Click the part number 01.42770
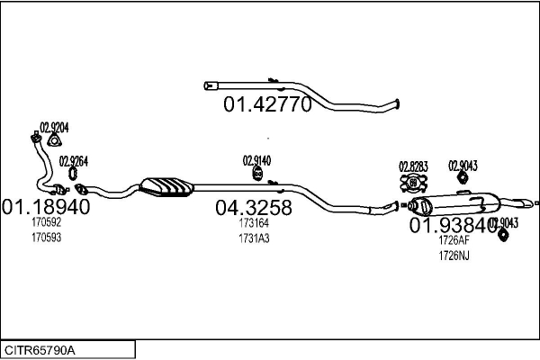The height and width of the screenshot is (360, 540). pyautogui.click(x=267, y=105)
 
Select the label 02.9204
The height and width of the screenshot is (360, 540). pyautogui.click(x=53, y=127)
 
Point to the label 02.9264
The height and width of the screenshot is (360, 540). pyautogui.click(x=73, y=162)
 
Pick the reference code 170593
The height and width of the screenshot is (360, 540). pyautogui.click(x=46, y=238)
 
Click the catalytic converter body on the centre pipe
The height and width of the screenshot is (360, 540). pyautogui.click(x=167, y=185)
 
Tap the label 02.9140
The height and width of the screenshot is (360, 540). pyautogui.click(x=256, y=160)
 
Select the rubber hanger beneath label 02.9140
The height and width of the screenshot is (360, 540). pyautogui.click(x=256, y=173)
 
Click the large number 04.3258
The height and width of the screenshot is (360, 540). pyautogui.click(x=254, y=208)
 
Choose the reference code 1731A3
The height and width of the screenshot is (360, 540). pyautogui.click(x=254, y=238)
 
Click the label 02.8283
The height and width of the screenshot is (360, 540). pyautogui.click(x=413, y=166)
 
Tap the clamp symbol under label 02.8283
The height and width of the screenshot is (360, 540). pyautogui.click(x=413, y=184)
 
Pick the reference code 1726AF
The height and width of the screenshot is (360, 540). pyautogui.click(x=454, y=241)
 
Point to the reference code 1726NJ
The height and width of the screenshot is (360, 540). pyautogui.click(x=454, y=256)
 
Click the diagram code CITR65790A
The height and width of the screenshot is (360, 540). pyautogui.click(x=40, y=349)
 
